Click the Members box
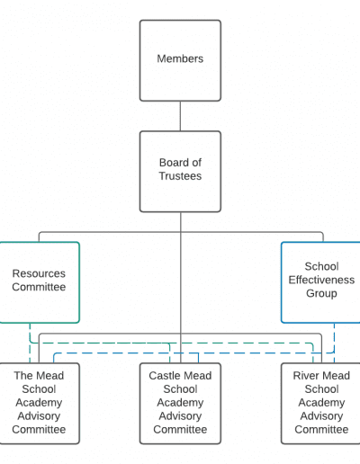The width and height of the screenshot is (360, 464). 180,60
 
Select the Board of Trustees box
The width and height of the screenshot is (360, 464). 180,172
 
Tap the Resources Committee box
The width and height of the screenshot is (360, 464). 39,282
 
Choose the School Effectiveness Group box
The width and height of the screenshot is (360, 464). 321,282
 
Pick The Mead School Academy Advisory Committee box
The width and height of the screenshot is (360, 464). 39,404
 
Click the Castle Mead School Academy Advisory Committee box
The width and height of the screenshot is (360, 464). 180,404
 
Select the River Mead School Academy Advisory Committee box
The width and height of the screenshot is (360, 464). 321,404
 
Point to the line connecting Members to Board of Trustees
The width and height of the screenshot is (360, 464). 180,116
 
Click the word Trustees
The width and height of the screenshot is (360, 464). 180,176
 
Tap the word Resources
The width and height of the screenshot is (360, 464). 39,273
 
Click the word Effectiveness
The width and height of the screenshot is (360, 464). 321,280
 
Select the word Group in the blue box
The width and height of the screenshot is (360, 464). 321,293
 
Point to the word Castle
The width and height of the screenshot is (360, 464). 164,376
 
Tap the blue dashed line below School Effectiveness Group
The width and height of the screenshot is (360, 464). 334,343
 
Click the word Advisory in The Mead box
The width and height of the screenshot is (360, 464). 39,416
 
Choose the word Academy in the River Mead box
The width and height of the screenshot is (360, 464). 321,403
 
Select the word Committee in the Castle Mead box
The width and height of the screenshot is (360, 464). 180,430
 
